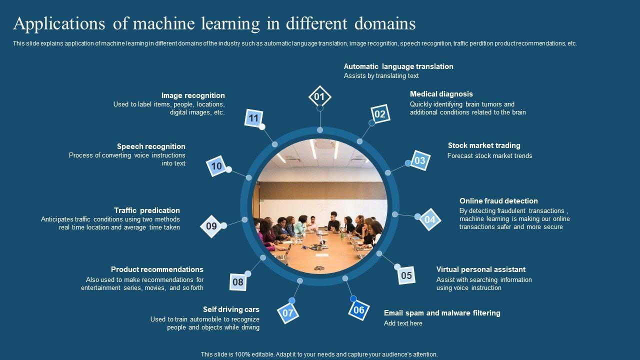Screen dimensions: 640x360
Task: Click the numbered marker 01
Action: click(319, 97)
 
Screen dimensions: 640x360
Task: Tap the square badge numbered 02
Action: click(380, 114)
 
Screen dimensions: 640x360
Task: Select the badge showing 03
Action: click(419, 160)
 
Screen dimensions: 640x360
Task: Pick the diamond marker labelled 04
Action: click(430, 219)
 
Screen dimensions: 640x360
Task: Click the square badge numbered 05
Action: click(406, 275)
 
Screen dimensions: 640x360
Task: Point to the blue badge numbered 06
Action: click(359, 310)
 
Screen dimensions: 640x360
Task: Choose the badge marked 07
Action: click(288, 313)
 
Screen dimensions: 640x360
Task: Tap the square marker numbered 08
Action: click(238, 282)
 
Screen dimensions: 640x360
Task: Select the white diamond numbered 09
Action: click(211, 226)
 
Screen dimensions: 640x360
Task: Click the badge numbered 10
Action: click(216, 166)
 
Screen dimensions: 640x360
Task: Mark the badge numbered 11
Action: click(254, 118)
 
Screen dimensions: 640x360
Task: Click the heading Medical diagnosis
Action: click(441, 94)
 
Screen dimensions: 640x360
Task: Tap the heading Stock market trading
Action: click(484, 145)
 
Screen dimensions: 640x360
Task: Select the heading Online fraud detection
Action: click(498, 201)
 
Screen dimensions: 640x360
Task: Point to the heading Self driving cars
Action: click(231, 309)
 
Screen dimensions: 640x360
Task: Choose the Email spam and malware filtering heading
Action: click(442, 313)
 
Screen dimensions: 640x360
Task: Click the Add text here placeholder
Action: click(403, 323)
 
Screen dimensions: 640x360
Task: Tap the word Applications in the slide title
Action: click(55, 23)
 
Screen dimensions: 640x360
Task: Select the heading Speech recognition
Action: click(151, 146)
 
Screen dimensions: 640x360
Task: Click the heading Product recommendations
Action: click(157, 269)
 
